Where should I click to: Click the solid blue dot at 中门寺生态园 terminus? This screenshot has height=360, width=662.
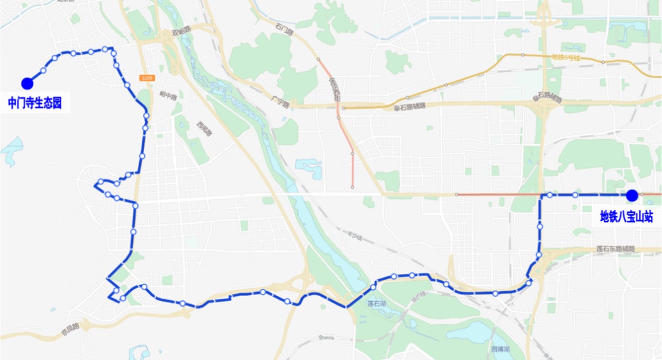[26, 83]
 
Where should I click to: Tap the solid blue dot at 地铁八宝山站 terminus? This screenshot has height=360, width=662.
[632, 195]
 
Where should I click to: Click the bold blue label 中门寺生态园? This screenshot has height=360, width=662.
[35, 102]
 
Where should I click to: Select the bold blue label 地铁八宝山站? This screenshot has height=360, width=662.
[626, 216]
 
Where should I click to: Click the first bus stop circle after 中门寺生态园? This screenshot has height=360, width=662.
[44, 71]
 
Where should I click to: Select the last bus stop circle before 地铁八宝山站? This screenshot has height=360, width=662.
[575, 195]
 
